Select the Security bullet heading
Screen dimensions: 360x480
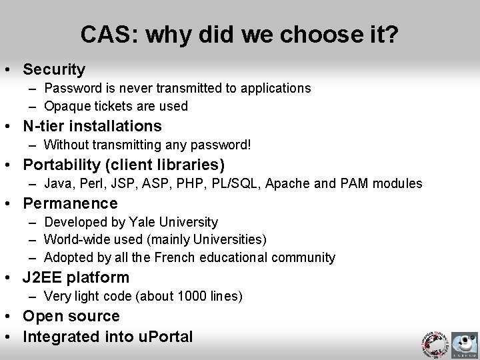coord(54,69)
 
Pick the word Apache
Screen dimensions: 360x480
coord(285,183)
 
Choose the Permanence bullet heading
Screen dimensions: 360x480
coord(70,203)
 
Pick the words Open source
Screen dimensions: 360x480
coord(71,316)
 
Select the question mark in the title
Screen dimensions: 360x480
coord(393,34)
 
